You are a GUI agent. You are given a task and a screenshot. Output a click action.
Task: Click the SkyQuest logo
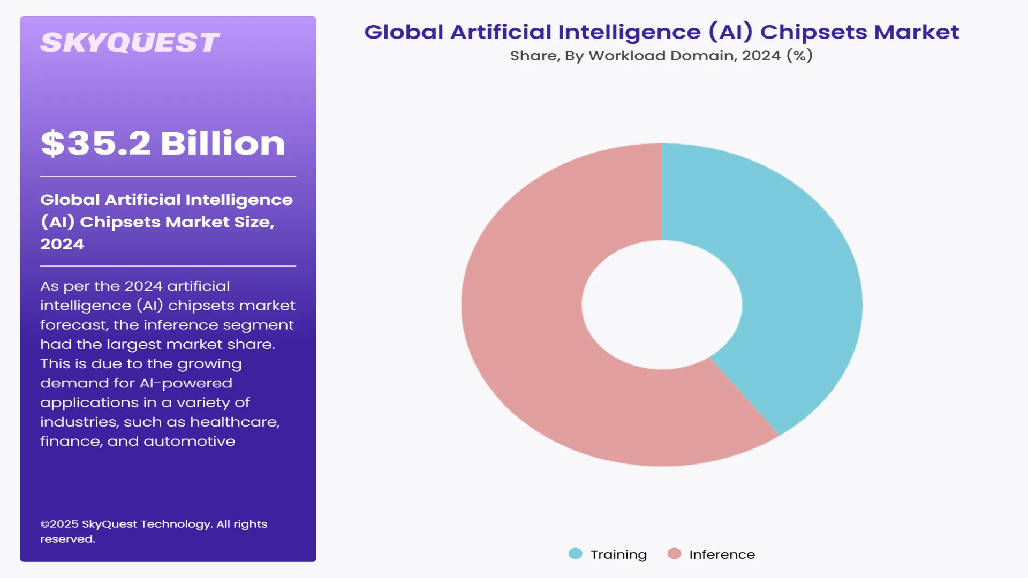pyautogui.click(x=130, y=43)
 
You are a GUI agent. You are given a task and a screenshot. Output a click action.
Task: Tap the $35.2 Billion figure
pyautogui.click(x=163, y=143)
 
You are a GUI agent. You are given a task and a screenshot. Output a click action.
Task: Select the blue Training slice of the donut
pyautogui.click(x=782, y=278)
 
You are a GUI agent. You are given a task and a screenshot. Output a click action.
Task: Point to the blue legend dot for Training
pyautogui.click(x=575, y=553)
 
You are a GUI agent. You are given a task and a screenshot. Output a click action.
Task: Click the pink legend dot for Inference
pyautogui.click(x=674, y=553)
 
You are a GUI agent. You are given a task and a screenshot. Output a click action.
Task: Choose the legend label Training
pyautogui.click(x=618, y=554)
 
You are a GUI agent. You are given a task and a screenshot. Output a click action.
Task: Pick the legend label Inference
pyautogui.click(x=722, y=554)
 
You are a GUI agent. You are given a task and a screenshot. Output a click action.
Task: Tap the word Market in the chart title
pyautogui.click(x=916, y=32)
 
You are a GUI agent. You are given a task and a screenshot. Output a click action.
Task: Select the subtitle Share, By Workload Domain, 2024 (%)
pyautogui.click(x=661, y=56)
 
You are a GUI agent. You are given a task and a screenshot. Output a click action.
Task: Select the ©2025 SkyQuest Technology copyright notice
pyautogui.click(x=154, y=531)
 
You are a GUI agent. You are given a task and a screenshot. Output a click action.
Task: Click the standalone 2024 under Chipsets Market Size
pyautogui.click(x=62, y=244)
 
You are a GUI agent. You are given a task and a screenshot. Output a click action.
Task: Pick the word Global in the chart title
pyautogui.click(x=404, y=32)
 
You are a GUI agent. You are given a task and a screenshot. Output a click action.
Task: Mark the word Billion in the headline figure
pyautogui.click(x=223, y=143)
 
